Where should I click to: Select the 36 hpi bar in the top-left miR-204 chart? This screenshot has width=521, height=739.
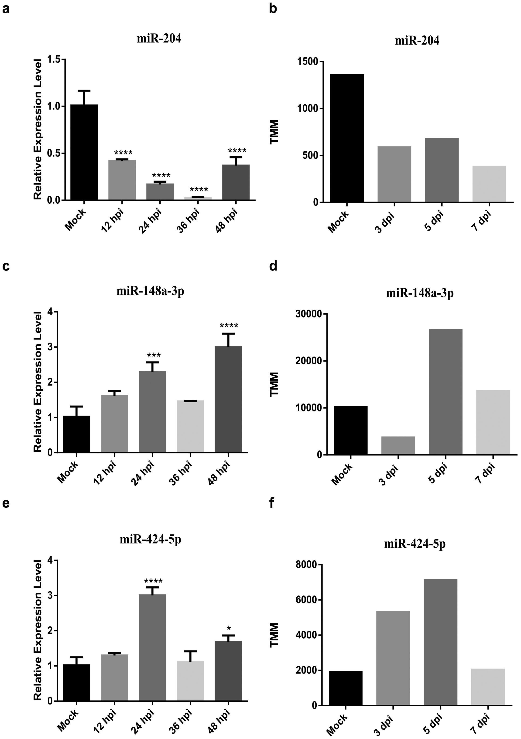(198, 198)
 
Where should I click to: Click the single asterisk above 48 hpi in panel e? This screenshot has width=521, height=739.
(228, 628)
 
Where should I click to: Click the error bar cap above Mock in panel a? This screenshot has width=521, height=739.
(84, 91)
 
